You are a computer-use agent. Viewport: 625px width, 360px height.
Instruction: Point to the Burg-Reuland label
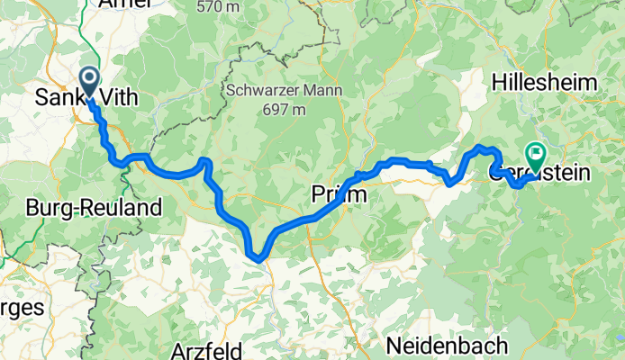94,208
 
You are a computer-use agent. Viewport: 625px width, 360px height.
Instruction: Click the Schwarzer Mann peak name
272,91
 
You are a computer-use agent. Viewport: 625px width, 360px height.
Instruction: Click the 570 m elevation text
221,6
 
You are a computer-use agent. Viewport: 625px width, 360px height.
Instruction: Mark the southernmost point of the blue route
259,259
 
